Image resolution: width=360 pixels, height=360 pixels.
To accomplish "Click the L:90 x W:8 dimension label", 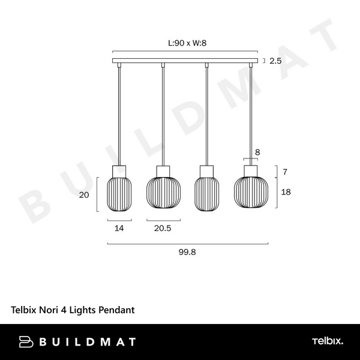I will pyautogui.click(x=187, y=43).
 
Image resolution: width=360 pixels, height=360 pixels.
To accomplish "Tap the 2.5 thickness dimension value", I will pyautogui.click(x=275, y=61).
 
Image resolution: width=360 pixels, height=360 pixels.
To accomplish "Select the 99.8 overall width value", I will pyautogui.click(x=187, y=252).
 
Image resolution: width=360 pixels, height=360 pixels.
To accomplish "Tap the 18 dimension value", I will pyautogui.click(x=286, y=192).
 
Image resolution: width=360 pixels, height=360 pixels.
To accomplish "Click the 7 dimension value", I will pyautogui.click(x=285, y=172).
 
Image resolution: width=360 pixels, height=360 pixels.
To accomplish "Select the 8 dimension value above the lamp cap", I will pyautogui.click(x=257, y=152).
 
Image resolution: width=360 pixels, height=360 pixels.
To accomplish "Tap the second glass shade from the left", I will pyautogui.click(x=162, y=192).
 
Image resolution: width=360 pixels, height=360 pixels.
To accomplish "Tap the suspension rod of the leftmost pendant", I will pyautogui.click(x=119, y=114).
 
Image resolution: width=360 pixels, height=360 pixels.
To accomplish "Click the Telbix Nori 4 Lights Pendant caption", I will pyautogui.click(x=73, y=310).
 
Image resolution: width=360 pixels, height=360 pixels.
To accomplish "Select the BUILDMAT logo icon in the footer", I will pyautogui.click(x=26, y=342).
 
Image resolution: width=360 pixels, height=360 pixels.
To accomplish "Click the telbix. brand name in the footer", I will pyautogui.click(x=328, y=342).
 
